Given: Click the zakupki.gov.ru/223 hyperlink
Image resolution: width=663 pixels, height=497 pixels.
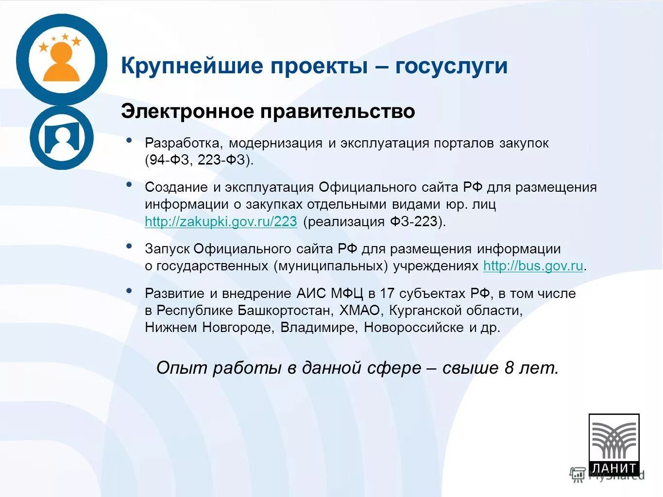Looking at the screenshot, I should tap(221, 222).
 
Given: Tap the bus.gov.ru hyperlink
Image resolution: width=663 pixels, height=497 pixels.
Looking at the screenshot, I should tap(533, 266).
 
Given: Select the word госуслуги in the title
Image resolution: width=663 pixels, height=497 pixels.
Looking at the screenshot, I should tap(451, 66).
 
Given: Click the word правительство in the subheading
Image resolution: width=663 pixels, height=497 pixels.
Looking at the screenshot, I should tap(338, 112).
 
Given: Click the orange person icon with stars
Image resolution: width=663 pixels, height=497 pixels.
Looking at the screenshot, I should tap(61, 60).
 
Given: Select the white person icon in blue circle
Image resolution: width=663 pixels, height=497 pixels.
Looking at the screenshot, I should tap(61, 138).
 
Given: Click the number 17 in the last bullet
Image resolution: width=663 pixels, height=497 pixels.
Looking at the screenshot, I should tap(387, 293).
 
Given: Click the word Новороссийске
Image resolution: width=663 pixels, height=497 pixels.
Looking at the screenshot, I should tap(414, 327).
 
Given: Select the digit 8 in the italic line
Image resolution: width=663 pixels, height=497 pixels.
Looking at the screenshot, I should tap(509, 368).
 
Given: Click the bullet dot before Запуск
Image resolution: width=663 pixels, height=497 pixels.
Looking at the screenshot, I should tap(129, 246).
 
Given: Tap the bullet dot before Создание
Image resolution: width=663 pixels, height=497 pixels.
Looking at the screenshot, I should tap(129, 184).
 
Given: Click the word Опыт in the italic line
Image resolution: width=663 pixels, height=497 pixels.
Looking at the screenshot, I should tap(182, 368).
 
